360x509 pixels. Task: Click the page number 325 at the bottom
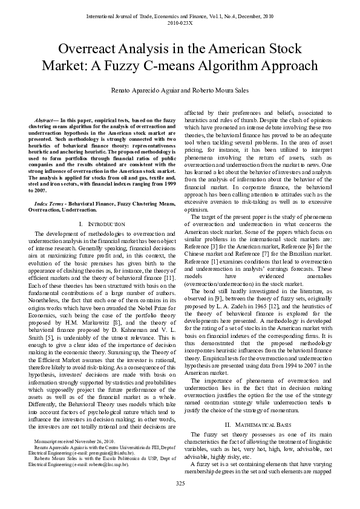click(x=180, y=483)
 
